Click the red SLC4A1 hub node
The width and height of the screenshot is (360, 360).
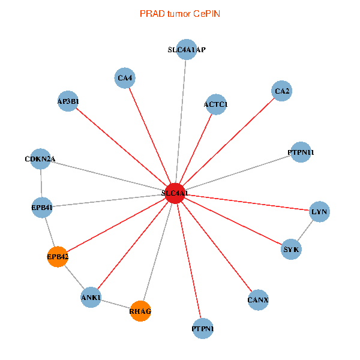click(175, 193)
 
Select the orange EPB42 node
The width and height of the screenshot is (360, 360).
click(57, 257)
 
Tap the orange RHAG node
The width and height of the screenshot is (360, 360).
click(140, 311)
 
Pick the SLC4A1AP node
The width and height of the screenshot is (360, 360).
click(187, 50)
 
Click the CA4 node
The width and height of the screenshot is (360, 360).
click(125, 78)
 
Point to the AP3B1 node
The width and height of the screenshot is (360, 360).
click(68, 101)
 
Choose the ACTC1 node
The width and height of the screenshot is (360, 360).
click(215, 104)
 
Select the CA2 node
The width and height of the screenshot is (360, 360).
click(281, 91)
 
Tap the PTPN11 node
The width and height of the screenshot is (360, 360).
click(301, 152)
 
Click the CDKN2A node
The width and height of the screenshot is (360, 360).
click(40, 159)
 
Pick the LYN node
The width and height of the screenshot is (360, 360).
click(319, 212)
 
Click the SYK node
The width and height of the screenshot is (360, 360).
click(291, 249)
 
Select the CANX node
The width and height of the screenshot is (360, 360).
click(258, 299)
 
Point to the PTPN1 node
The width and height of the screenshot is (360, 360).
click(203, 329)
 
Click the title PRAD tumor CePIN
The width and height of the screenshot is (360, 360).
click(179, 13)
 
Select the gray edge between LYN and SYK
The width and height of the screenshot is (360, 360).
click(305, 230)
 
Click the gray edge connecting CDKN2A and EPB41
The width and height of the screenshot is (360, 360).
click(41, 184)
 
